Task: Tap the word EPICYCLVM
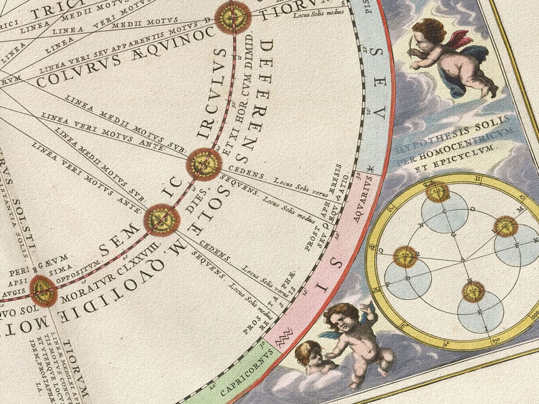coord(476,149)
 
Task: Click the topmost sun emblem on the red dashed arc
coord(233,17)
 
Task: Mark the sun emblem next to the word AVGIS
coord(44,291)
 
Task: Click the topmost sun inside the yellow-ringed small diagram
coord(437,192)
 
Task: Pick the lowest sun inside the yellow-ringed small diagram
coord(473,292)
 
